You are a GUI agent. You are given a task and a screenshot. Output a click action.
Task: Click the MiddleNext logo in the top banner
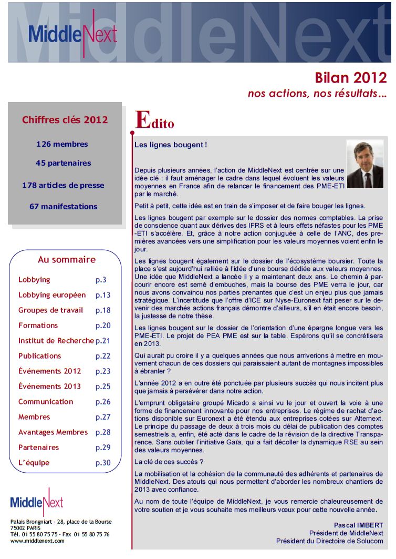pos(72,33)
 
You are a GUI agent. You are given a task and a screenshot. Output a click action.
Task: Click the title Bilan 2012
pos(350,78)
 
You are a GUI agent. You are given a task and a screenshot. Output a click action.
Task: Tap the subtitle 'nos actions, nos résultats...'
pos(317,94)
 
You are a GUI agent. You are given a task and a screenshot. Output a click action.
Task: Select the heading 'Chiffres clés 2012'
pos(65,120)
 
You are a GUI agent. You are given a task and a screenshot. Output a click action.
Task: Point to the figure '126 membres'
pos(62,144)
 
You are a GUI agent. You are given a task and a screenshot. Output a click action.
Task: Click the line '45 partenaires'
pos(63,163)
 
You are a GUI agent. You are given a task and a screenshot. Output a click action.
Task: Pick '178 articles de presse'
pos(63,185)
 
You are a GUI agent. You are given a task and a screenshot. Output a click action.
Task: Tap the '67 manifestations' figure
pos(63,207)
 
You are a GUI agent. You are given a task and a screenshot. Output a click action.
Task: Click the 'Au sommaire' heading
pos(67,260)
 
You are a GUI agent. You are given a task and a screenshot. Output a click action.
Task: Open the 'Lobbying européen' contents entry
pos(51,295)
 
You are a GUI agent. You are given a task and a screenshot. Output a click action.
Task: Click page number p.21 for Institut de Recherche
pos(103,341)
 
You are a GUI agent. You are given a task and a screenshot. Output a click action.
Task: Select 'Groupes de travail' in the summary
pos(50,310)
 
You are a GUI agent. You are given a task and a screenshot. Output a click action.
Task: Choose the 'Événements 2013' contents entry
pos(49,387)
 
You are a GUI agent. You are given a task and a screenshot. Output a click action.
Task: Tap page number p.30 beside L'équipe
pos(103,463)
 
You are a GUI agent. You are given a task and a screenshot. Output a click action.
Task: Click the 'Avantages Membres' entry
pos(53,432)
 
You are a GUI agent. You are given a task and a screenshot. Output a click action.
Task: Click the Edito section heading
pos(154,121)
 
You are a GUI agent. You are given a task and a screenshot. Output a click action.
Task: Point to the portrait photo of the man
pos(365,164)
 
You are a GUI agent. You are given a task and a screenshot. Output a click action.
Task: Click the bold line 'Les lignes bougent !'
pos(171,145)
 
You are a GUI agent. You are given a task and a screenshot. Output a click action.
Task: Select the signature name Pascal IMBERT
pos(358,525)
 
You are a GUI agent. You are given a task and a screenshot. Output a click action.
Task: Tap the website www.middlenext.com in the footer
pos(37,541)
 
